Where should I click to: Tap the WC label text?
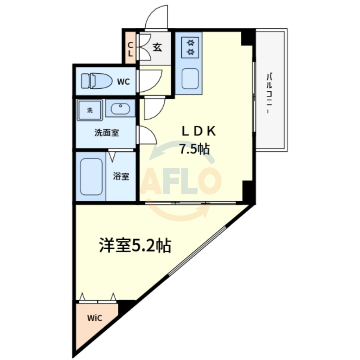123,81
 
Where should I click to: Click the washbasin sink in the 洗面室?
120,108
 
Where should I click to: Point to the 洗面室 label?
106,133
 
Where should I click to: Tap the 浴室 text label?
121,176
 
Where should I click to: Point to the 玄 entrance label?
157,46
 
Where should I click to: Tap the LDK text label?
199,131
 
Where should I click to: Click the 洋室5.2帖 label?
135,245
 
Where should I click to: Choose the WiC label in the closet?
94,318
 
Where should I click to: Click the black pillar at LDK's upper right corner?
247,38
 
